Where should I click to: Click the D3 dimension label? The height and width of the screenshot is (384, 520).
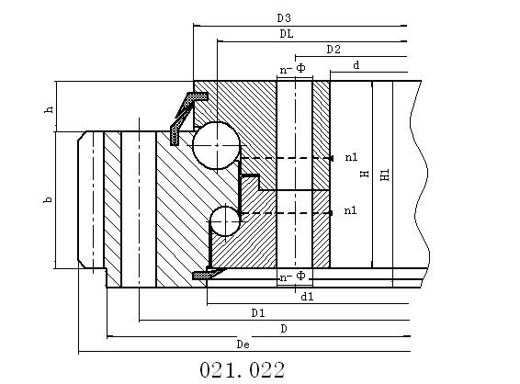point(284,17)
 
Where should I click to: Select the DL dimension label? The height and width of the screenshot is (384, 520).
point(287,34)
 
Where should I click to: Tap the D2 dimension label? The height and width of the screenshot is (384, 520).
point(333,50)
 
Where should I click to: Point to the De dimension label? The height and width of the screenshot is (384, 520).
point(243,344)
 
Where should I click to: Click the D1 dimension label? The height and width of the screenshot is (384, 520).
point(258,312)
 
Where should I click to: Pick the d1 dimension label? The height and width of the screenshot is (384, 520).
point(307,297)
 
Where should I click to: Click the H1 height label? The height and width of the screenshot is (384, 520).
point(385,175)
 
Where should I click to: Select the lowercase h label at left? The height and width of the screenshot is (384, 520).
point(49,109)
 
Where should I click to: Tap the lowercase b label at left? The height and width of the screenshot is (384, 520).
point(49,199)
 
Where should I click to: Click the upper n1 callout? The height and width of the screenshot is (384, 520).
point(351,157)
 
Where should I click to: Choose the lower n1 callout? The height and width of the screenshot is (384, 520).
point(350,210)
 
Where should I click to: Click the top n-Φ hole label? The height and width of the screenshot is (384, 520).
point(292,69)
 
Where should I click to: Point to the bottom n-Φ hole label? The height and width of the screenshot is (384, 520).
point(292,277)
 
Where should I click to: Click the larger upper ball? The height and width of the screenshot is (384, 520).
point(217,145)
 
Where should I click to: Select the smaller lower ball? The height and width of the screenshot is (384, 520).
point(225,220)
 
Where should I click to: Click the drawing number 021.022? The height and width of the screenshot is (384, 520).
point(243,369)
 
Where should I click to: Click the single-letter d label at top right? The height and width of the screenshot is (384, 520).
point(356,65)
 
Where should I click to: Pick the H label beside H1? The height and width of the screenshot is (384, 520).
point(365,174)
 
